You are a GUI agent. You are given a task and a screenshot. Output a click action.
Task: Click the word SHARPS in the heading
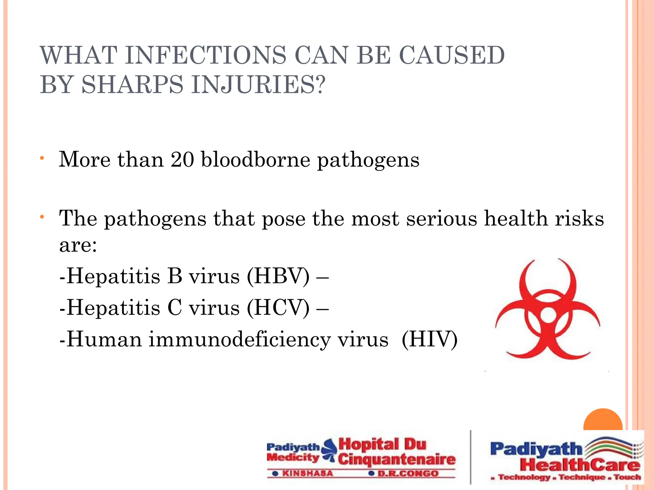133,85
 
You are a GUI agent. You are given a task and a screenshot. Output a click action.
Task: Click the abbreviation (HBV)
278,276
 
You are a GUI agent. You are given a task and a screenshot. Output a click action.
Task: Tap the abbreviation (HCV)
278,308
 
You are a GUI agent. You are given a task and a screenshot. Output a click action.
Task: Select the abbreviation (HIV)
430,339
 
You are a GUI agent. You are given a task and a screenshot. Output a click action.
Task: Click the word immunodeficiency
240,339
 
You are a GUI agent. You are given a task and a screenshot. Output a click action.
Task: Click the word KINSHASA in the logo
307,473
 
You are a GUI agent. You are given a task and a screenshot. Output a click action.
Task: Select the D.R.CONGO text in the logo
408,473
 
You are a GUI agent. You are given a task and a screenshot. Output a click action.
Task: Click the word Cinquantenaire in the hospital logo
397,460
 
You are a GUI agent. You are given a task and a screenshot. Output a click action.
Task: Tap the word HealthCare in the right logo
580,465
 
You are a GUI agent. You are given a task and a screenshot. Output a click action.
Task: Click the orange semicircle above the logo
603,420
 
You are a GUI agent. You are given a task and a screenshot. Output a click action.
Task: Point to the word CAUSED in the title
452,56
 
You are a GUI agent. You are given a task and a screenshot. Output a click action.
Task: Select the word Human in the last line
104,339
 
